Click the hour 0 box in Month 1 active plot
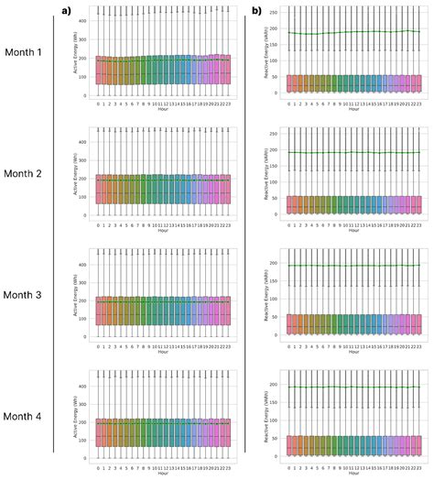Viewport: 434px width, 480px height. (x=98, y=71)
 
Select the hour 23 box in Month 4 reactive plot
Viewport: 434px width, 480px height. (x=418, y=444)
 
